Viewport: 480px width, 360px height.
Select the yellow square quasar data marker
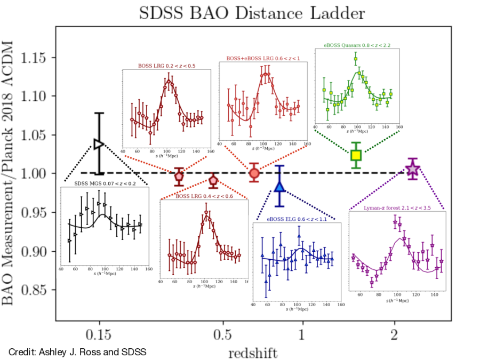(356, 155)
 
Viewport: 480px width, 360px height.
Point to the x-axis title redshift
(253, 353)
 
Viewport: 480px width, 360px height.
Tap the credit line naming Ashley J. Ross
(77, 352)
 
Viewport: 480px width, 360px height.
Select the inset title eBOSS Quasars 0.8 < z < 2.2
(357, 45)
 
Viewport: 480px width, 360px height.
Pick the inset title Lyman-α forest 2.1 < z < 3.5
(397, 208)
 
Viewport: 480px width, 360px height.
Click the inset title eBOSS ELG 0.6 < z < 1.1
(297, 219)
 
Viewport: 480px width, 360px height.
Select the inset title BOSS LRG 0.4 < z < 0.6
(204, 196)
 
